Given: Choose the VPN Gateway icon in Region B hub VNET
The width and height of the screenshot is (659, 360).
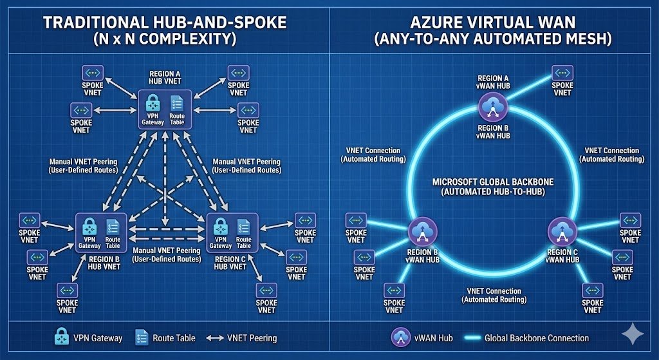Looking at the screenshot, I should click(89, 227).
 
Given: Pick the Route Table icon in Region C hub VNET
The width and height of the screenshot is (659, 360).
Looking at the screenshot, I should click(244, 227).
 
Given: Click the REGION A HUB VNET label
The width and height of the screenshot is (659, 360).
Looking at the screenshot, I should click(165, 78).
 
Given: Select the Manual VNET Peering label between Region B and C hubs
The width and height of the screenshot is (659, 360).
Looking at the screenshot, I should click(166, 254).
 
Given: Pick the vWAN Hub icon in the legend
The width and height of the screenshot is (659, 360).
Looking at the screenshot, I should click(401, 337).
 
